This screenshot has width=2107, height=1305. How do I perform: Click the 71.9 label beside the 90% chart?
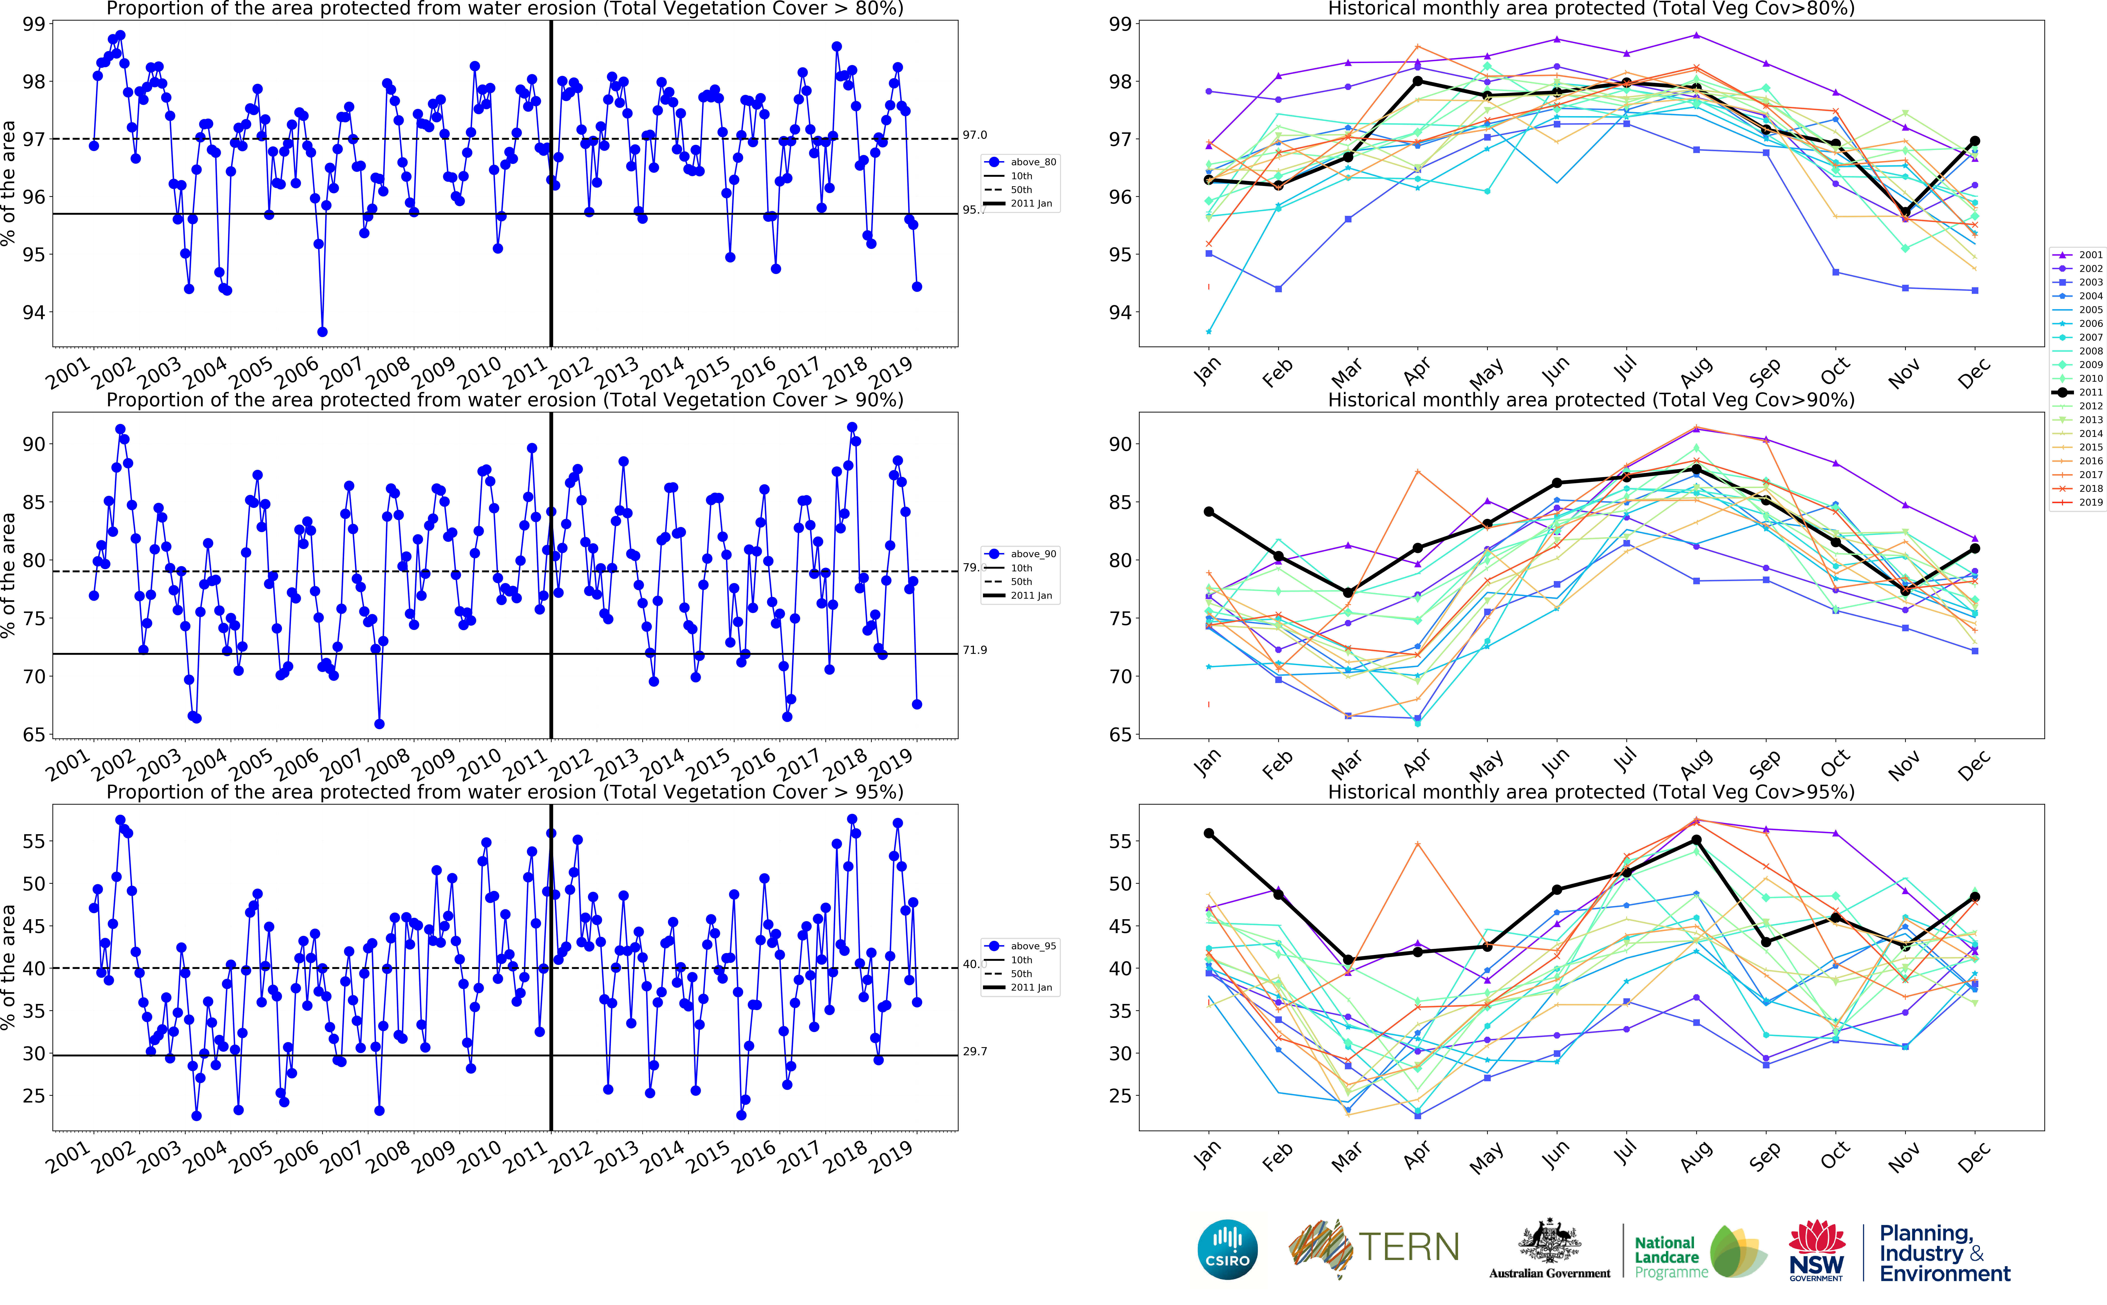point(975,650)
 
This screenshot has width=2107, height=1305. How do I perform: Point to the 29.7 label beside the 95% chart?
point(975,1051)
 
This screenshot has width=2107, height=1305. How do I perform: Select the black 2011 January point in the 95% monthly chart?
point(1208,834)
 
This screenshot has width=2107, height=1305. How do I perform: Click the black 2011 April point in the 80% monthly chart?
point(1417,81)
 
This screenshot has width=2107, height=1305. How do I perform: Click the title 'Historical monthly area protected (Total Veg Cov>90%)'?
point(1591,400)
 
